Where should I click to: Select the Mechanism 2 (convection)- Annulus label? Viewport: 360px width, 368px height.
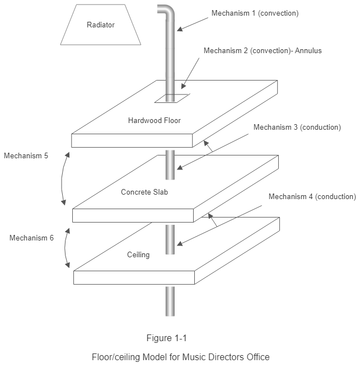262,50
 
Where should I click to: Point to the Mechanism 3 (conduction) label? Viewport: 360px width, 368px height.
297,128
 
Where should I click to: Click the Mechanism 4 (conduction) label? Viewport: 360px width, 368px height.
312,197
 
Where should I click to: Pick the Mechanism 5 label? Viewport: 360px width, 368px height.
26,156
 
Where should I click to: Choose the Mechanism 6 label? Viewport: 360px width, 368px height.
31,238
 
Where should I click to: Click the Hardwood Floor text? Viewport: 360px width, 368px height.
154,120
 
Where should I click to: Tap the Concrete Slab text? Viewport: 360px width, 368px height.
144,192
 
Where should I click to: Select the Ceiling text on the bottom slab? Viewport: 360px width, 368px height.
138,255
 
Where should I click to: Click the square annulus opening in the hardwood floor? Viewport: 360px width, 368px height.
172,98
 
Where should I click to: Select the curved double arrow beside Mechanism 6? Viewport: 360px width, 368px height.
68,247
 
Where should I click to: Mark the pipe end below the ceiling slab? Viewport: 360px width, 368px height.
170,302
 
